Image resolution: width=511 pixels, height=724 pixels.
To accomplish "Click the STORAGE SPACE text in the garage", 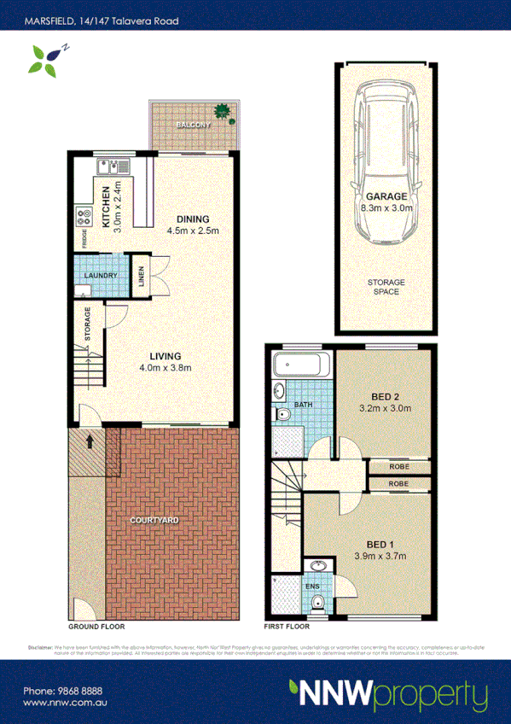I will [386, 287].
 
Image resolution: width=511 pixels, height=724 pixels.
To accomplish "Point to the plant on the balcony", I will [223, 110].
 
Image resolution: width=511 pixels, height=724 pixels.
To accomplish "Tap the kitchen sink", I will [111, 168].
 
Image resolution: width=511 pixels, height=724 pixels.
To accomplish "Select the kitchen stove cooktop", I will [85, 217].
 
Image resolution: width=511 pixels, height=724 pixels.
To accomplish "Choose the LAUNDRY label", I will [101, 276].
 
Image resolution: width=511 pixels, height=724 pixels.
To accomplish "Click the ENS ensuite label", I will [313, 587].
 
